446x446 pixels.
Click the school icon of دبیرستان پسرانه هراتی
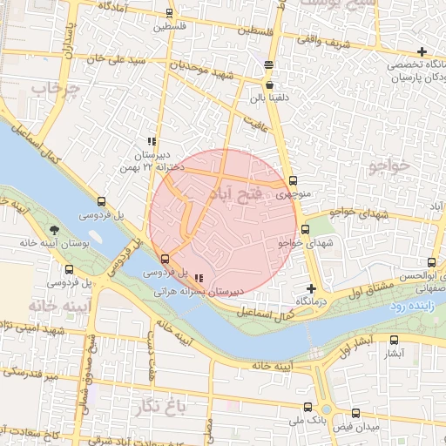(200, 278)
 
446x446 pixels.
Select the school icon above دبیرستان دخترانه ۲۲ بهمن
(152, 141)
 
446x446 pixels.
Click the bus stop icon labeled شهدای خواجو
(304, 230)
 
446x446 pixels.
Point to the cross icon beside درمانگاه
(311, 287)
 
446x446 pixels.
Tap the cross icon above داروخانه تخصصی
(422, 52)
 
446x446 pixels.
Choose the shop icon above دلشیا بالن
(268, 85)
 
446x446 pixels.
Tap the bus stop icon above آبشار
(394, 341)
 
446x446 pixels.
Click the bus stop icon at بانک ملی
(307, 406)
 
